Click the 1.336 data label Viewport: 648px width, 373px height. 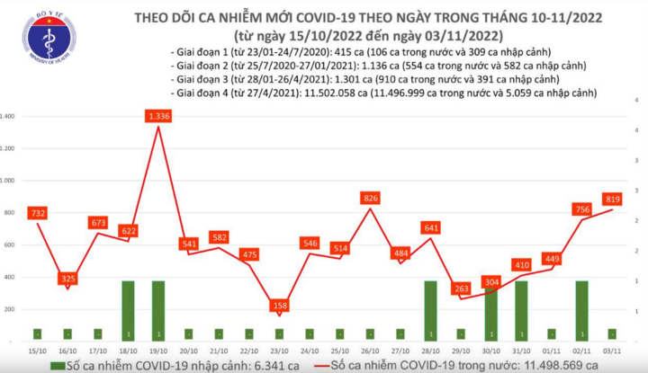(x=158, y=116)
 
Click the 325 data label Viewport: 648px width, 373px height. (x=67, y=280)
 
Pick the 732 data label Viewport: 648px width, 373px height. (x=37, y=212)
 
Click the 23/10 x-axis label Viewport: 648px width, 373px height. (x=280, y=351)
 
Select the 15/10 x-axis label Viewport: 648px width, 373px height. (x=37, y=351)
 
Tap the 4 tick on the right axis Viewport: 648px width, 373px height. (x=636, y=130)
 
